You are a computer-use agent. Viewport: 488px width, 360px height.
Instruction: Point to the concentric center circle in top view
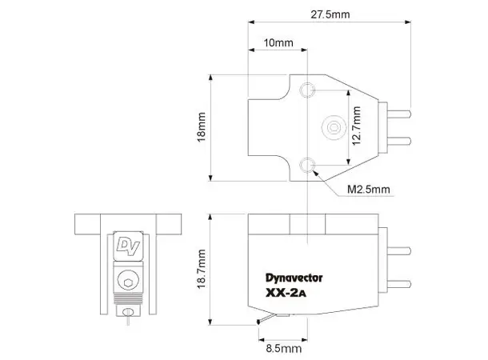(332, 126)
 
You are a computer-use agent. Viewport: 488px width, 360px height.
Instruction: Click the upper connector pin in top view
(398, 111)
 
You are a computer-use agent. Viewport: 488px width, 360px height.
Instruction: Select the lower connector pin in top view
(398, 141)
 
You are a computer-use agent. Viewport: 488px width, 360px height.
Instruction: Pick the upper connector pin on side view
(398, 248)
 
